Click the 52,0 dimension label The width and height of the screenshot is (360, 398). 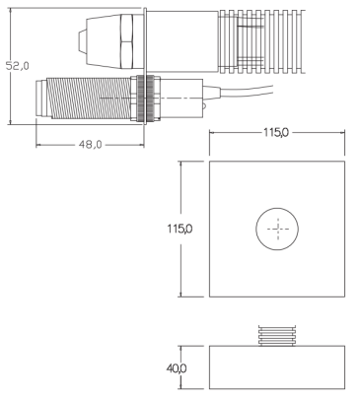(18, 66)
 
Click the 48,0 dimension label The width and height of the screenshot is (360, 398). (90, 145)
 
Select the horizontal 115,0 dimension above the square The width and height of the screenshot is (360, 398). (276, 133)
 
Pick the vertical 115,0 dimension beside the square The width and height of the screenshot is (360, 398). (180, 229)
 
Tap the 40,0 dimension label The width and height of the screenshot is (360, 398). (177, 368)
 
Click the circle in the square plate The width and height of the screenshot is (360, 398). (277, 208)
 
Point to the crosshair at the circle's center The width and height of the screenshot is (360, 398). (278, 229)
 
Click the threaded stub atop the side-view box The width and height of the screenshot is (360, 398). (277, 336)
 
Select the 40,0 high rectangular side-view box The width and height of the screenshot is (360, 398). (277, 367)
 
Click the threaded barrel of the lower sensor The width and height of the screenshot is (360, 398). (89, 99)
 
